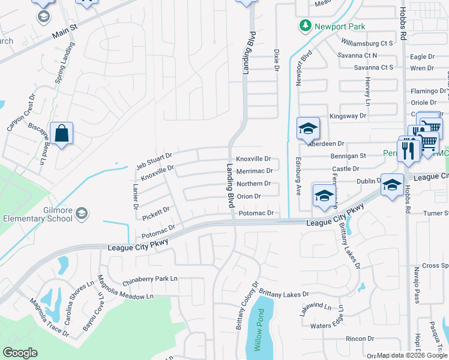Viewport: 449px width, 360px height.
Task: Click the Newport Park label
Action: pyautogui.click(x=340, y=26)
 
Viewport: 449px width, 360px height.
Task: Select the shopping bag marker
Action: pyautogui.click(x=62, y=133)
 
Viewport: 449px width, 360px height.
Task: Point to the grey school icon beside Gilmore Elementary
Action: pyautogui.click(x=82, y=213)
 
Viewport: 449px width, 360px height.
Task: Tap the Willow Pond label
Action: pyautogui.click(x=259, y=330)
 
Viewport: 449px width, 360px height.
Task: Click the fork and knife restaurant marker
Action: pyautogui.click(x=408, y=150)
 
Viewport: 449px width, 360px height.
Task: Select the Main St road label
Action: pyautogui.click(x=65, y=30)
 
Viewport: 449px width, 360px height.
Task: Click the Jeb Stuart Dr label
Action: pyautogui.click(x=154, y=159)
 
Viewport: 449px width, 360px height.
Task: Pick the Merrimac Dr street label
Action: pyautogui.click(x=255, y=171)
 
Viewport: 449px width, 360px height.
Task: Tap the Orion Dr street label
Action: pyautogui.click(x=249, y=196)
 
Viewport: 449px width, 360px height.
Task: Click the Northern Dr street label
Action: pyautogui.click(x=253, y=184)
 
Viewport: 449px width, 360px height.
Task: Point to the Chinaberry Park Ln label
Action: pyautogui.click(x=150, y=279)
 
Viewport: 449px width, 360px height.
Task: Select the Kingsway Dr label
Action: pyautogui.click(x=348, y=115)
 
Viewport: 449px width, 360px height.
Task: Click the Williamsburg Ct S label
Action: pyautogui.click(x=367, y=43)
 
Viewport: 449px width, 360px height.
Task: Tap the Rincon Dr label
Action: pyautogui.click(x=360, y=339)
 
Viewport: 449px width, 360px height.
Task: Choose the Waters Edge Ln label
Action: pyautogui.click(x=326, y=326)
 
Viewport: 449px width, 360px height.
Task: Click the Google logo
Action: pyautogui.click(x=20, y=353)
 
